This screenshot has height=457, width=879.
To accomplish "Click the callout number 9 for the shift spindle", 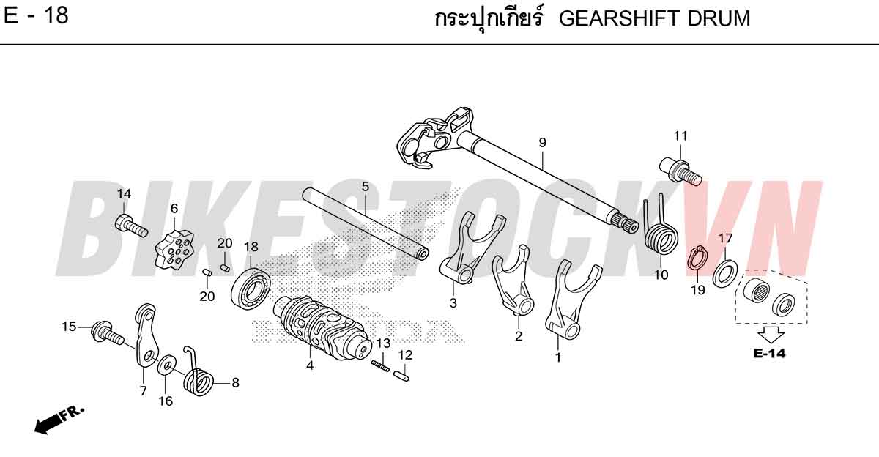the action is click(542, 143).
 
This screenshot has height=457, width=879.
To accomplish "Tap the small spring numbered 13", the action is click(380, 365).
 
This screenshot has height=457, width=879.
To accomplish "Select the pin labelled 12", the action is click(402, 375).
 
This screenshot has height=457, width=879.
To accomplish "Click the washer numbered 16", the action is click(167, 365).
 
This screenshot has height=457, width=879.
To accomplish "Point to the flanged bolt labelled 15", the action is click(108, 335).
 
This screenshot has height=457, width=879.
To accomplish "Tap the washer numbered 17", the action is click(724, 272).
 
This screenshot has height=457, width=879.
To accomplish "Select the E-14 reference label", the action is click(770, 354).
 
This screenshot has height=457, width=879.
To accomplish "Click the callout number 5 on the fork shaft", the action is click(366, 186).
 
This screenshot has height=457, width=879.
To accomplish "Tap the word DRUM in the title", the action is click(719, 19).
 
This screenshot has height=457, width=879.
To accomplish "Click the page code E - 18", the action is click(36, 16).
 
